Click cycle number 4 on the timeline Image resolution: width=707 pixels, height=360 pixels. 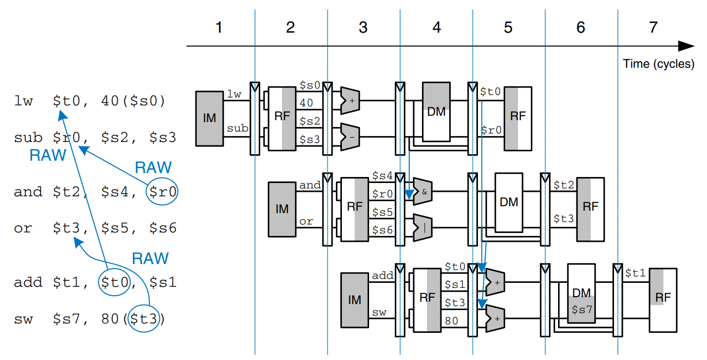[x=436, y=28]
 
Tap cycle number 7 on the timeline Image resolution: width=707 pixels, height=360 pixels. [x=653, y=28]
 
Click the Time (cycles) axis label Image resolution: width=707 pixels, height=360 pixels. [x=659, y=64]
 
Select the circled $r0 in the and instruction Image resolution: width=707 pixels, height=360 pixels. [x=162, y=191]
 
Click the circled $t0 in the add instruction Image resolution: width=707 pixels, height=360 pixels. [x=113, y=282]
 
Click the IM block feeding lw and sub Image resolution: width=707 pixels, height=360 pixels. [x=210, y=118]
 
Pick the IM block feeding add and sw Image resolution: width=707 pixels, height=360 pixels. [x=355, y=300]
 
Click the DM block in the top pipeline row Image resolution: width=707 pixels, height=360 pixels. [x=436, y=112]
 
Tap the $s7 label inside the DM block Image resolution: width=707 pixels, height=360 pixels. [x=581, y=310]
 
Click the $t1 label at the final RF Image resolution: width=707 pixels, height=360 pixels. [x=635, y=273]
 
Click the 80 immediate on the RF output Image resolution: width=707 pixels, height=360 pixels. [x=452, y=320]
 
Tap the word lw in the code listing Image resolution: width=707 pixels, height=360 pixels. [x=23, y=101]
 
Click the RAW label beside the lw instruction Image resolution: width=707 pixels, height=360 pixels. [x=47, y=155]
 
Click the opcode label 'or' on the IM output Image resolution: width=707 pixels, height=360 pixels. [x=306, y=222]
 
